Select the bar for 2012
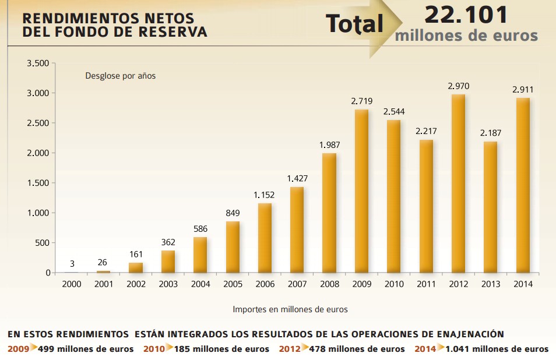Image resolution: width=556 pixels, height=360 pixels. click(x=459, y=183)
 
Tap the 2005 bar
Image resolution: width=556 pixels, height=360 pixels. click(x=233, y=247)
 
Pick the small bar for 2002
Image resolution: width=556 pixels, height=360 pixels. click(x=135, y=267)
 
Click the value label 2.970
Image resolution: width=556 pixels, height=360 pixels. click(x=459, y=86)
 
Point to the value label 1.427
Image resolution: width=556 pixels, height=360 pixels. click(x=297, y=179)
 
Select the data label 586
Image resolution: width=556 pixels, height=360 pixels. click(x=200, y=229)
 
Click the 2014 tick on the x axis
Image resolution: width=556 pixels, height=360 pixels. click(x=523, y=284)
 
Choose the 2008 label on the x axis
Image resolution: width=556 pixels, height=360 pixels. click(x=329, y=284)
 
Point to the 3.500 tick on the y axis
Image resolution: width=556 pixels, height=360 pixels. click(x=37, y=63)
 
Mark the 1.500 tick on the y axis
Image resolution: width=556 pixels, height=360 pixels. click(x=37, y=183)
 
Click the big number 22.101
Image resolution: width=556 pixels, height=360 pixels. click(x=466, y=14)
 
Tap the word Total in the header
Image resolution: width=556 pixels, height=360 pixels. click(x=354, y=23)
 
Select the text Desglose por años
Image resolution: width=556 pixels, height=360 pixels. click(x=121, y=76)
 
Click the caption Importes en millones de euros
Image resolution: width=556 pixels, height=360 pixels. click(x=290, y=309)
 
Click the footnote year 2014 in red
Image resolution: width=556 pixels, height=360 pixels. click(x=424, y=349)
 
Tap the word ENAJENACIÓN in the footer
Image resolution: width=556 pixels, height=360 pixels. click(x=463, y=334)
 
